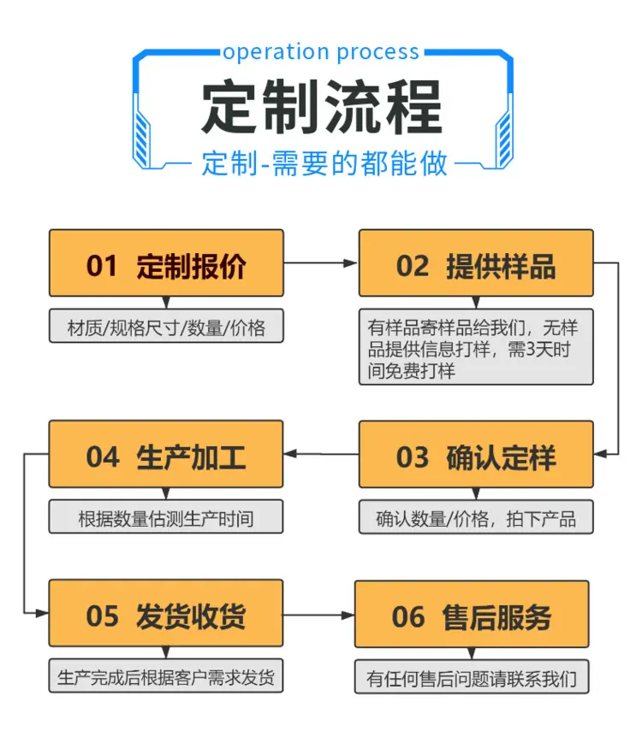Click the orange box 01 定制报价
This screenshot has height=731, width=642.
166,263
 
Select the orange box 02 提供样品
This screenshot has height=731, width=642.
476,263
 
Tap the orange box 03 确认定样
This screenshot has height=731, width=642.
476,455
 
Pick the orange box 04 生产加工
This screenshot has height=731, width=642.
166,454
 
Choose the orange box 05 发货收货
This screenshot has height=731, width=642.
166,613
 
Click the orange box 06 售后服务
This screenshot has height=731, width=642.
472,614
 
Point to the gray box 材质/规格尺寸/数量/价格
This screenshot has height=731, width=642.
166,326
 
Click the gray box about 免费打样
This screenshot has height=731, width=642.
476,347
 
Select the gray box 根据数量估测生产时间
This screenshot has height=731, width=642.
166,516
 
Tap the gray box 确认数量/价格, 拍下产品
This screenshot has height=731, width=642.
476,517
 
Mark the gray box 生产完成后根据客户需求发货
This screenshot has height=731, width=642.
166,675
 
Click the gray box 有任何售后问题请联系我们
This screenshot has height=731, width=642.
472,676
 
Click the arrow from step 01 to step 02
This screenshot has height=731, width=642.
321,263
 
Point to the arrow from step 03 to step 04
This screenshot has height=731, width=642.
321,454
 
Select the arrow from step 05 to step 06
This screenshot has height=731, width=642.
319,616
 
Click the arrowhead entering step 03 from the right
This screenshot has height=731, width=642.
600,454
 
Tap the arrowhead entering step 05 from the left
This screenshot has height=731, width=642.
42,612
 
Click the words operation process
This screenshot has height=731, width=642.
321,52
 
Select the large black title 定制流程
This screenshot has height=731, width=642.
322,107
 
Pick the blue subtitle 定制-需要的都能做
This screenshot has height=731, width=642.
324,163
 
